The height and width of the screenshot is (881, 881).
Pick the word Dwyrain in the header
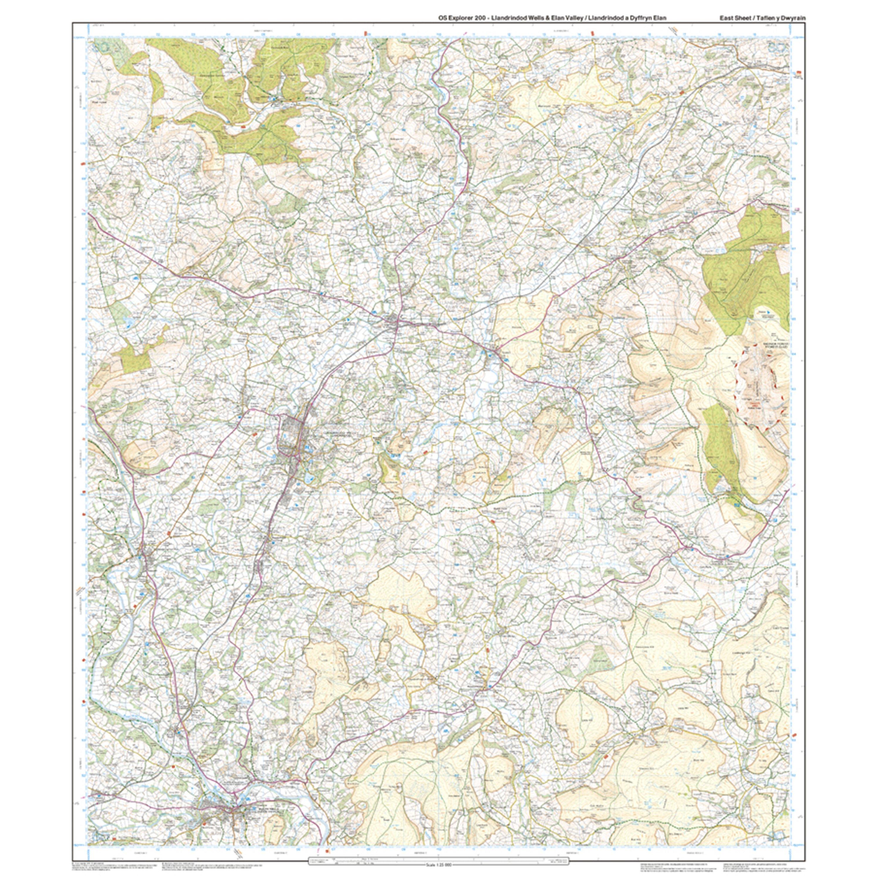[793, 18]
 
